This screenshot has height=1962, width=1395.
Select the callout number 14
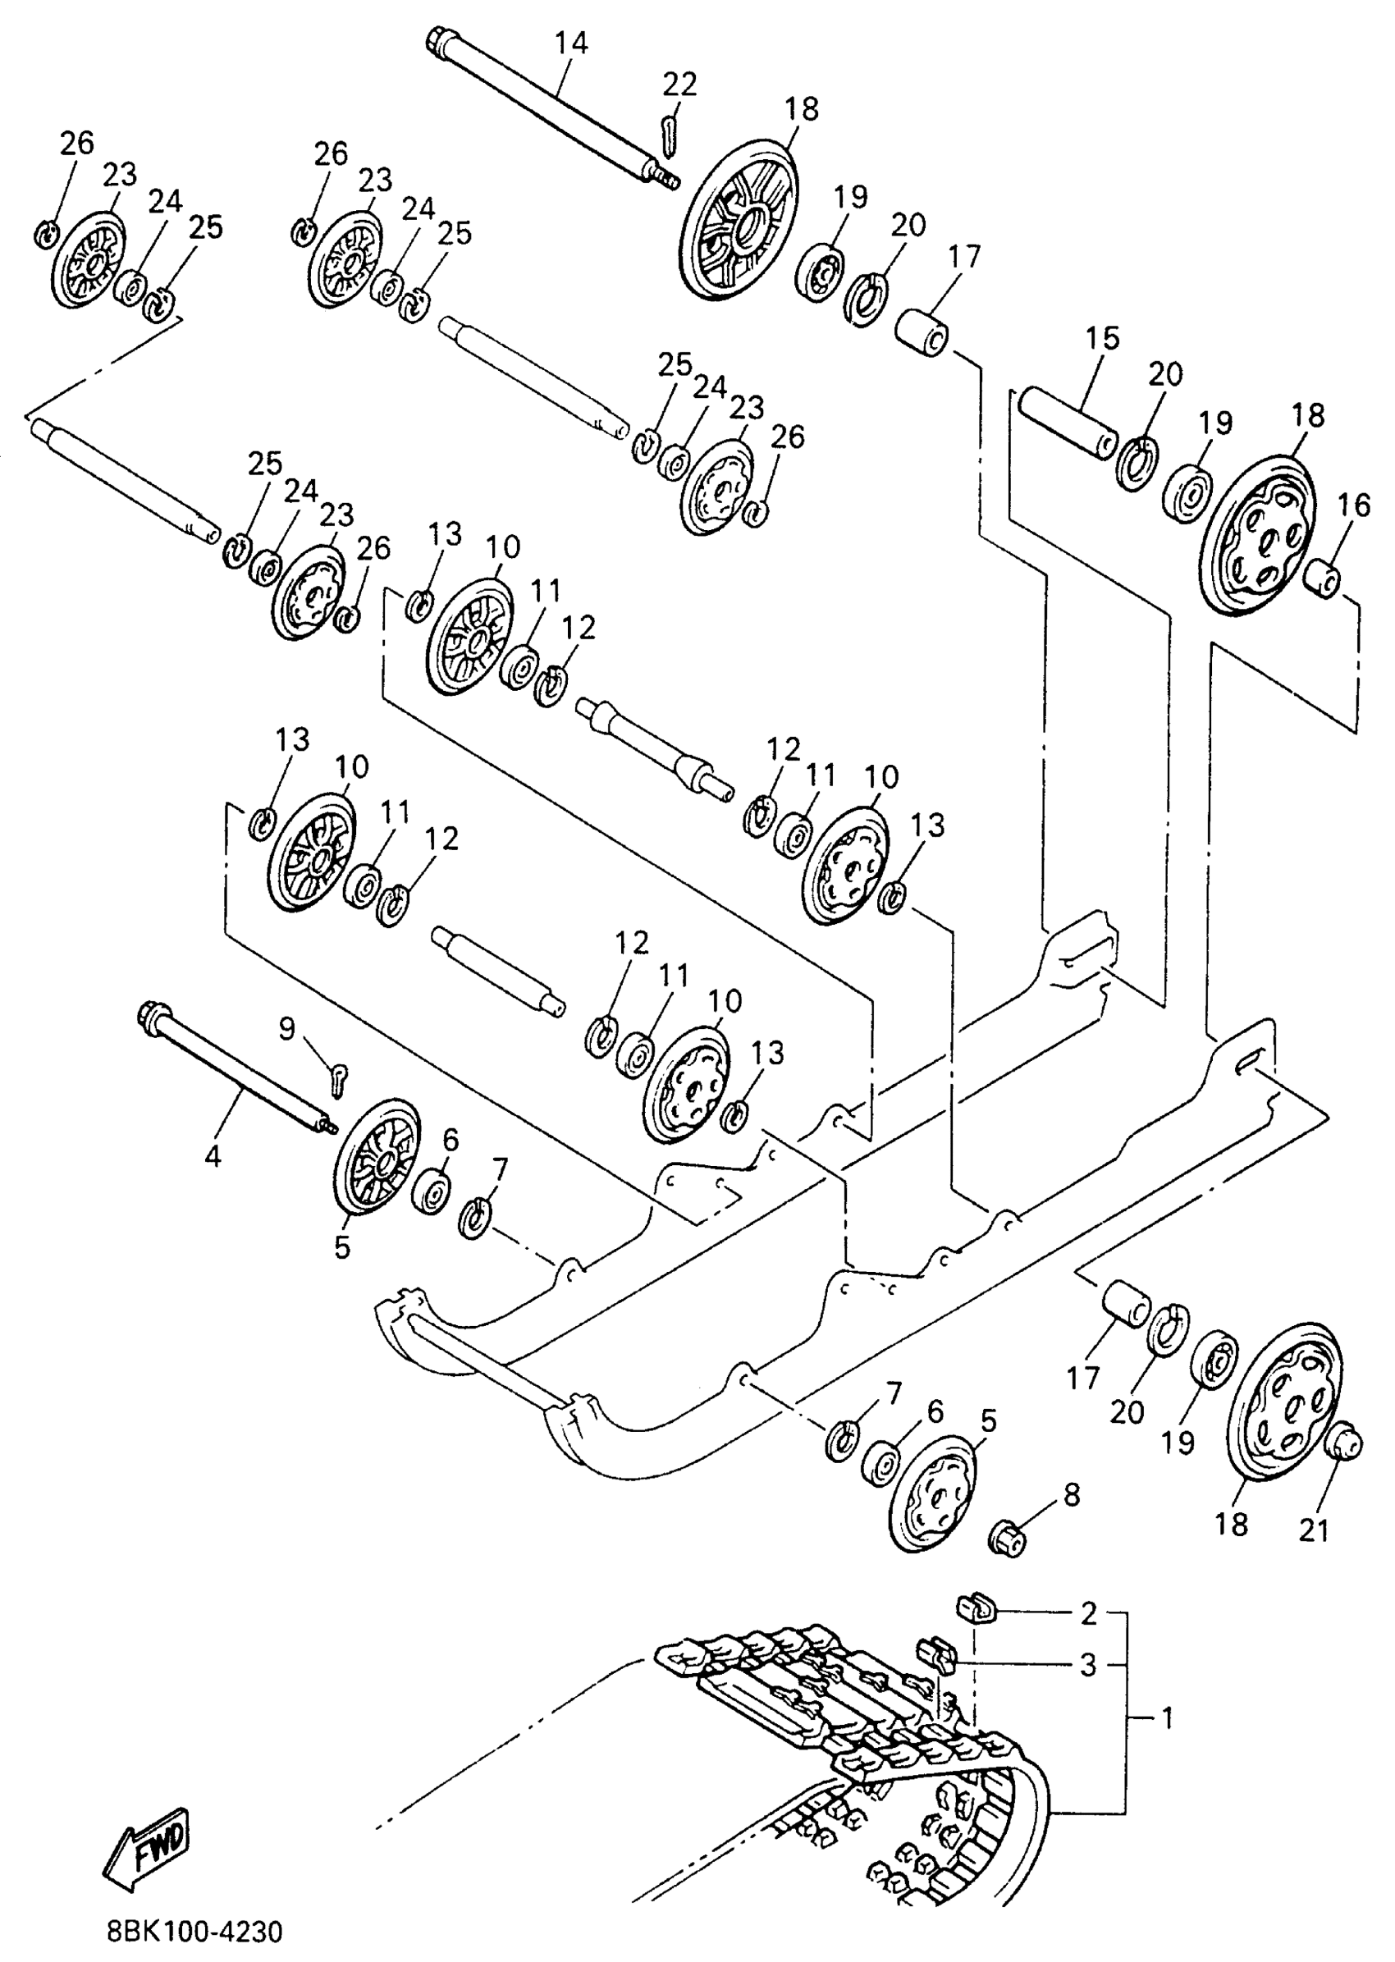570,43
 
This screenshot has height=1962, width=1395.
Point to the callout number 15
1102,338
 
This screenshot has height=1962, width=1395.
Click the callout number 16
1354,505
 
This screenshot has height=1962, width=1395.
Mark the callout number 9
287,1027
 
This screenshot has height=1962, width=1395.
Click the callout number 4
213,1156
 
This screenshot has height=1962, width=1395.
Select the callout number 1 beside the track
1167,1718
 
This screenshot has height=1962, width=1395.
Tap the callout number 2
1088,1614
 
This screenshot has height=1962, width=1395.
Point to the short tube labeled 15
1068,423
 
